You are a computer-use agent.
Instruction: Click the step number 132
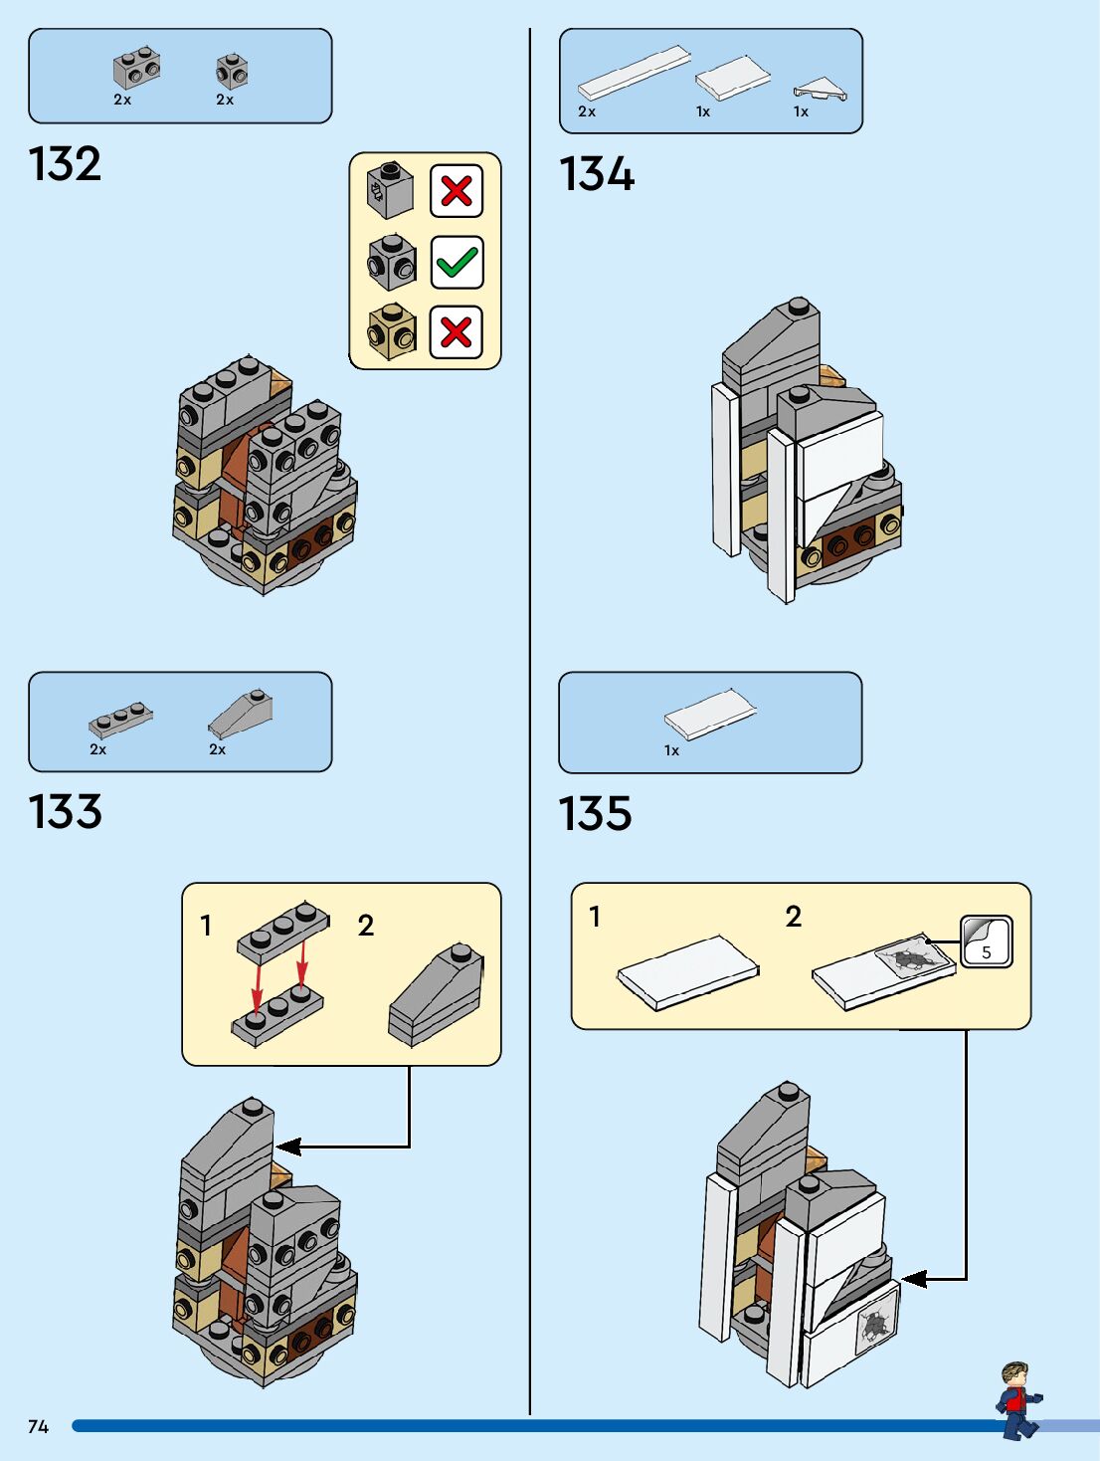point(65,164)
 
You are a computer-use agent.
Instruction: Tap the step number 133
point(65,812)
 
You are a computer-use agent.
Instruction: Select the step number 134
point(597,174)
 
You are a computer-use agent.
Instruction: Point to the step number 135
point(595,813)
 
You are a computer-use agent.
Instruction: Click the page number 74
point(38,1426)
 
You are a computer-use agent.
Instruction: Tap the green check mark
point(457,263)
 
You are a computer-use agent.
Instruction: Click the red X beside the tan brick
point(457,331)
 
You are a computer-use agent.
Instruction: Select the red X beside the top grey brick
point(457,190)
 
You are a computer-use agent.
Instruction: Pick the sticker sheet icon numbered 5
point(986,941)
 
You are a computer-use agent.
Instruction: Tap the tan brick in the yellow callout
point(392,331)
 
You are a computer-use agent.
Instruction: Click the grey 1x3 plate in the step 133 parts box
point(120,719)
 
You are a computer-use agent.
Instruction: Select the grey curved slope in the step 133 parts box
point(240,713)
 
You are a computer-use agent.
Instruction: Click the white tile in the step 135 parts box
point(710,714)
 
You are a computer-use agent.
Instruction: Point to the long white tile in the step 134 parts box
point(634,72)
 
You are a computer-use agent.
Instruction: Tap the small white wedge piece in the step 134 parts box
point(820,90)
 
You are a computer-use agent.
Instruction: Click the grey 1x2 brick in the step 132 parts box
point(136,68)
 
